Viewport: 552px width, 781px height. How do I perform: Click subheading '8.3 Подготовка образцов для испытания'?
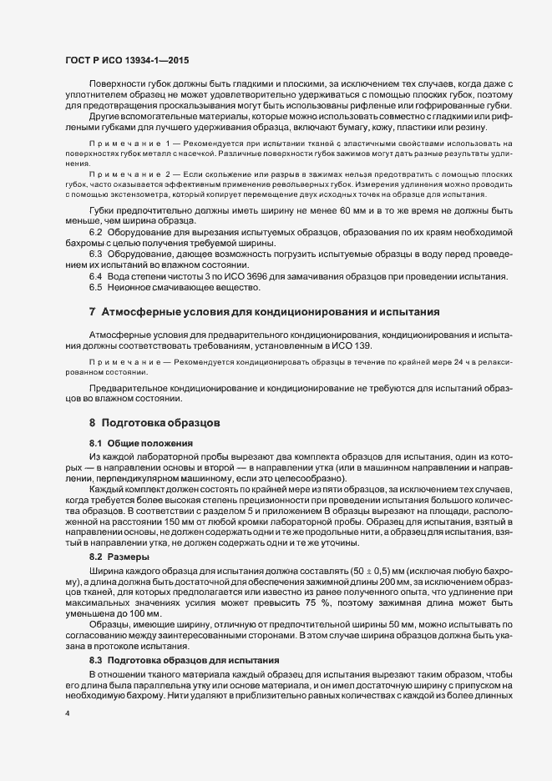172,637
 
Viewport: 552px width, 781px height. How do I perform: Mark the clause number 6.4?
95,275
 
